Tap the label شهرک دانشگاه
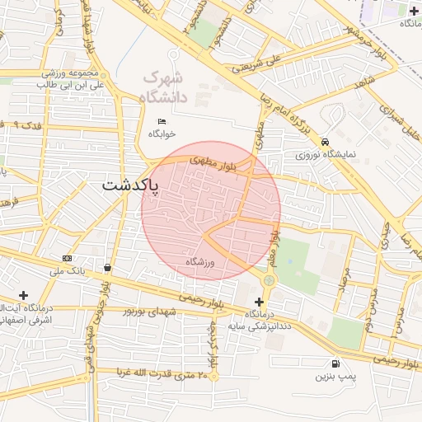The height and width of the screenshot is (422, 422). point(164,86)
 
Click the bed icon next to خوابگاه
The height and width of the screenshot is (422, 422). point(162,122)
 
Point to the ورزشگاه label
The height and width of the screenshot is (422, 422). point(199,261)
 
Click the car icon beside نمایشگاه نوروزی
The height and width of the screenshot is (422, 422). point(326,142)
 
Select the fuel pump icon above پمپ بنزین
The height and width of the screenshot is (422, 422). point(335,364)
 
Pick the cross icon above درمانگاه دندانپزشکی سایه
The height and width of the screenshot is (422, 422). point(260,302)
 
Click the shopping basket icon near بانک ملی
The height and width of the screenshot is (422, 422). point(108,268)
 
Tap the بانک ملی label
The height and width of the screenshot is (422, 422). point(68,270)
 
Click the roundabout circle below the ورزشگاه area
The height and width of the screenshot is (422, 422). point(269,281)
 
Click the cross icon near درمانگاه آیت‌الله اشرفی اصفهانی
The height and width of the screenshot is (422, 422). point(23,294)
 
